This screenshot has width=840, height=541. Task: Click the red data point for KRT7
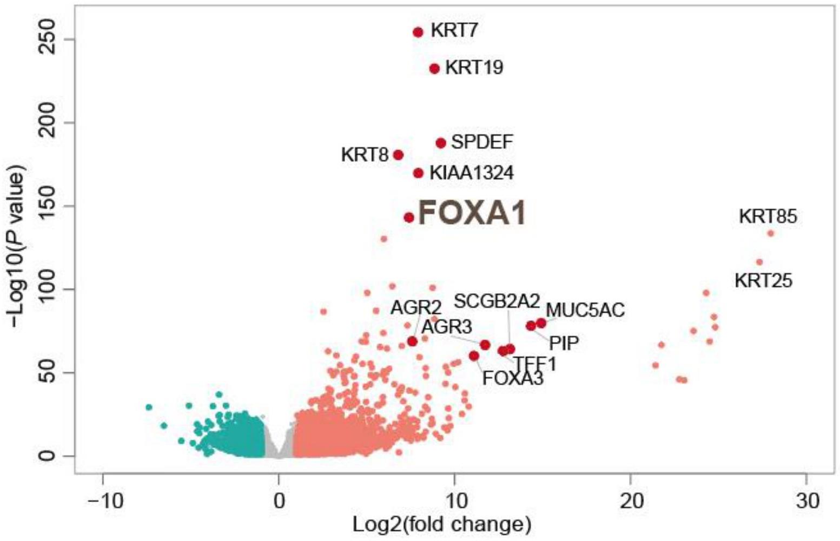(418, 32)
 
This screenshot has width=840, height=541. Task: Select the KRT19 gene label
(474, 68)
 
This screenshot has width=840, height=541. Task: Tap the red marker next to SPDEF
(441, 143)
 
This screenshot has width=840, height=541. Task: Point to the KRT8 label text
(365, 155)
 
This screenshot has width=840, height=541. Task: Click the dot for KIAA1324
(418, 173)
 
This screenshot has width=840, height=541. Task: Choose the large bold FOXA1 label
(472, 213)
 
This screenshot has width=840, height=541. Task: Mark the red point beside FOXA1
(409, 217)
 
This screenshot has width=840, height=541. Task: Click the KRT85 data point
(770, 233)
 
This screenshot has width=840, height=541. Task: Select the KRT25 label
(763, 280)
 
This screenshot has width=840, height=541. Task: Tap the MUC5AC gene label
(585, 310)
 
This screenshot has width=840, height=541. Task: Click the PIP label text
(564, 343)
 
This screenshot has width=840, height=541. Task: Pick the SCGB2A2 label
(497, 301)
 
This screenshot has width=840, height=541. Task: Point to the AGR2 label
(416, 308)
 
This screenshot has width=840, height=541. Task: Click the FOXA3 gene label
(512, 378)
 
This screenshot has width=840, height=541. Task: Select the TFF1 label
(534, 364)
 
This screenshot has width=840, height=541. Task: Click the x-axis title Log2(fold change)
(442, 524)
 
